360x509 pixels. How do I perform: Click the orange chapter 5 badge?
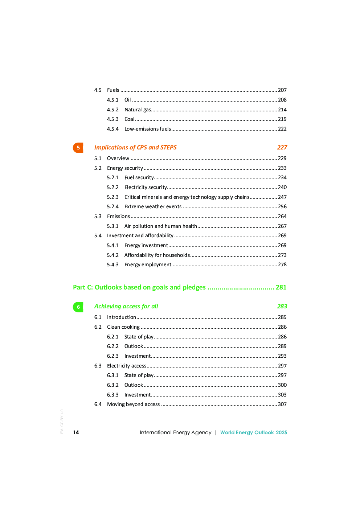(x=78, y=148)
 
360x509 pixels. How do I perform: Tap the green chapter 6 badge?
(x=78, y=307)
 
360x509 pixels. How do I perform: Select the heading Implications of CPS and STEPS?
(x=135, y=147)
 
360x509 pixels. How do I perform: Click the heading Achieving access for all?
(x=126, y=306)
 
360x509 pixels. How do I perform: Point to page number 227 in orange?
(x=282, y=147)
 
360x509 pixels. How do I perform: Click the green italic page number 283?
(x=282, y=306)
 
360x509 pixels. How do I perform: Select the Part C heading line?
(x=179, y=287)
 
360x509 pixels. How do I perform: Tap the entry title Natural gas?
(x=138, y=110)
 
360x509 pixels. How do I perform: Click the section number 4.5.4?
(x=112, y=129)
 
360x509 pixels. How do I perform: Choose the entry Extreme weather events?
(x=153, y=206)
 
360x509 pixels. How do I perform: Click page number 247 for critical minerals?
(x=282, y=197)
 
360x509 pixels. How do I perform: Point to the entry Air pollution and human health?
(x=160, y=226)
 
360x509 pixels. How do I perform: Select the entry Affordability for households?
(x=157, y=255)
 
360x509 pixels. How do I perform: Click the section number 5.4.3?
(x=112, y=264)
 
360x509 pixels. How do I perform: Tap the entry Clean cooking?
(x=123, y=327)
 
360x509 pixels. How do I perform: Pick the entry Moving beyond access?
(x=133, y=404)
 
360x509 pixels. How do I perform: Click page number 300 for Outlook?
(x=282, y=385)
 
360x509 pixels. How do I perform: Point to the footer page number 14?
(x=76, y=432)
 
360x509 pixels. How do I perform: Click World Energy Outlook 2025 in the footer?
(x=253, y=432)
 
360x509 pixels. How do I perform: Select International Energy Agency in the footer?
(x=175, y=432)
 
